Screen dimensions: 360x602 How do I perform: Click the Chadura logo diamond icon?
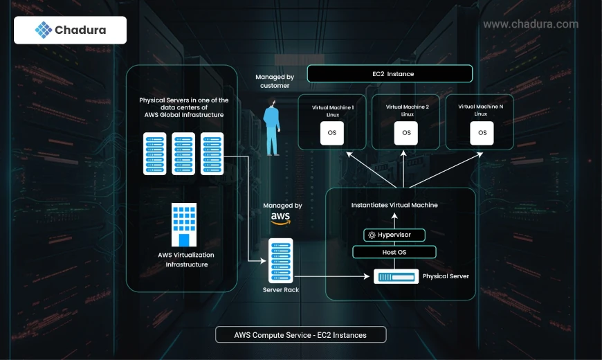point(44,30)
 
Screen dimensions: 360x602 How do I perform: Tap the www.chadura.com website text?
point(531,24)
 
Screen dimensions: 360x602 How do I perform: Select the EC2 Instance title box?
point(390,73)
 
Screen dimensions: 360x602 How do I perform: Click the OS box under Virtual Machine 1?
point(331,132)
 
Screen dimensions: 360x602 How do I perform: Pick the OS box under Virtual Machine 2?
point(406,132)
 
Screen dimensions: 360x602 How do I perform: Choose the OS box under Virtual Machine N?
point(482,132)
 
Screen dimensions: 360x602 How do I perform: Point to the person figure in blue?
point(272,129)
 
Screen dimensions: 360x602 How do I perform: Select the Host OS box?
point(394,252)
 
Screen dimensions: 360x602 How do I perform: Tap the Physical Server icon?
point(395,276)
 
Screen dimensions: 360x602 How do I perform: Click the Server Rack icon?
point(281,260)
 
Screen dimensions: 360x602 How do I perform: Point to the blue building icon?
point(184,225)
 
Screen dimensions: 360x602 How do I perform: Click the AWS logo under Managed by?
point(280,218)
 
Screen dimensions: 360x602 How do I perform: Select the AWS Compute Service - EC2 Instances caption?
point(300,335)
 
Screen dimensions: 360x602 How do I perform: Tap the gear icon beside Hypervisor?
point(372,235)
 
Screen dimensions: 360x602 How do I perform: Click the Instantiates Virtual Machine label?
point(394,205)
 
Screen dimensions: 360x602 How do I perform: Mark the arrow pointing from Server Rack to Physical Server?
point(332,276)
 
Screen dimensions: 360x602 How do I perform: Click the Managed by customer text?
point(275,81)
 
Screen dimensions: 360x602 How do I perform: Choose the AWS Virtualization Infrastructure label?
point(186,260)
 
